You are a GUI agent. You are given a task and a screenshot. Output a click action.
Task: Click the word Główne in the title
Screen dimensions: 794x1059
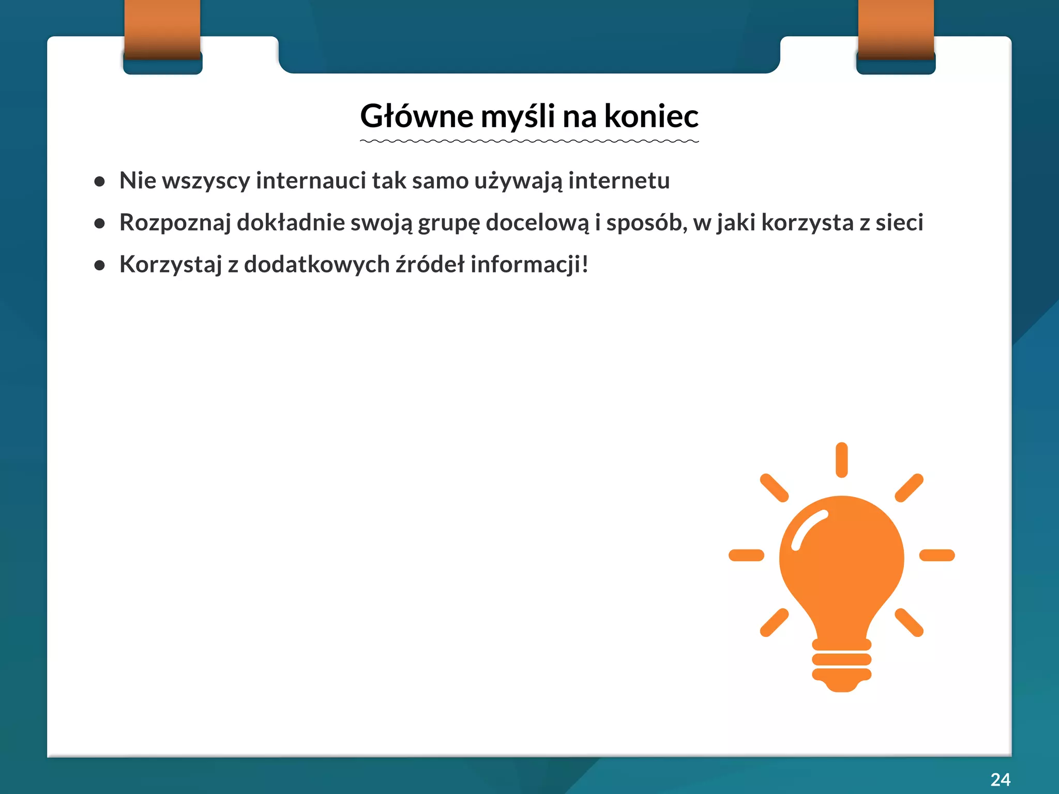pyautogui.click(x=416, y=116)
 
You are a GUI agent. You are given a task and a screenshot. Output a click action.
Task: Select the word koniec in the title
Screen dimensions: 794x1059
pyautogui.click(x=651, y=116)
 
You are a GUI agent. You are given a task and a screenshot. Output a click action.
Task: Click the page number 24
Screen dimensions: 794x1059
pyautogui.click(x=1000, y=780)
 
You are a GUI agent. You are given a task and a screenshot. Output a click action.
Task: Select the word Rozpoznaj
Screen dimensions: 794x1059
pyautogui.click(x=175, y=223)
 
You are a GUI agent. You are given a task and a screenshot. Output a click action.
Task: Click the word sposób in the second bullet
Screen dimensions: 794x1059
pyautogui.click(x=646, y=223)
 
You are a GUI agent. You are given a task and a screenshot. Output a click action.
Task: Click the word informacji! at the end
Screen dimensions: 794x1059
pyautogui.click(x=529, y=264)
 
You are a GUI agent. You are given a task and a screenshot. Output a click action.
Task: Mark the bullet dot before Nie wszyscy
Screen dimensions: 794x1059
pyautogui.click(x=100, y=181)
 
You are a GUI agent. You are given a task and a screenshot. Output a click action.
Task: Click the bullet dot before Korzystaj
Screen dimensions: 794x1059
pyautogui.click(x=100, y=265)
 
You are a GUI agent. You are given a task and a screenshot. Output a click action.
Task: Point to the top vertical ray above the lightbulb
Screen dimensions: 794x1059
pyautogui.click(x=841, y=460)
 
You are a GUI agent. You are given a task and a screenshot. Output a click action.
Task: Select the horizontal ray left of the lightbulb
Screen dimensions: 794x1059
pyautogui.click(x=746, y=555)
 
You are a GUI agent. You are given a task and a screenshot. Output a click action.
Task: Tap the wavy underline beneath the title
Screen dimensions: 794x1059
pyautogui.click(x=529, y=141)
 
